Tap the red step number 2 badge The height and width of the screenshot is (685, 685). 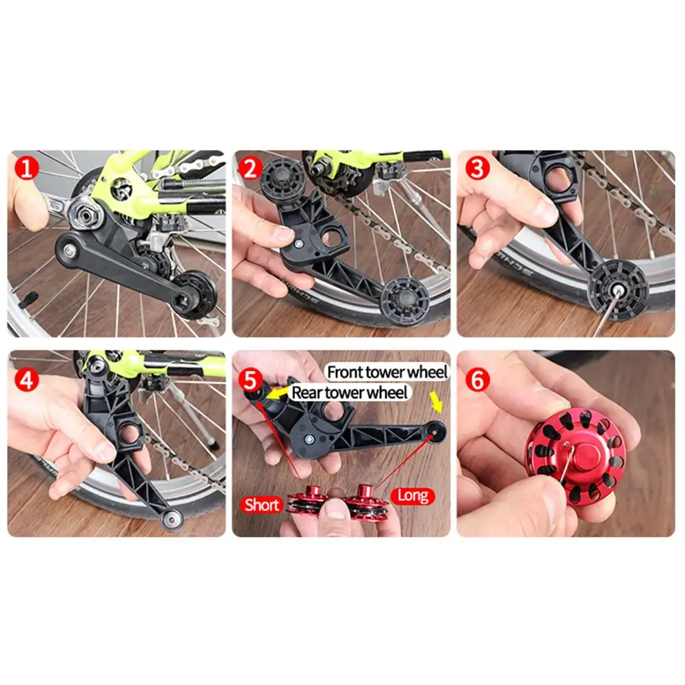click(x=250, y=168)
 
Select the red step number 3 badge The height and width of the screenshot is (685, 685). click(x=477, y=168)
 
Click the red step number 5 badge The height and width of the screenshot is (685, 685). click(x=250, y=380)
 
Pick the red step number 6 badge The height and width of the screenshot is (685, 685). click(x=477, y=380)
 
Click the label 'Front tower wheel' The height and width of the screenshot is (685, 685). click(x=387, y=372)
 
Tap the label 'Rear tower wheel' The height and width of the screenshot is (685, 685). click(x=350, y=392)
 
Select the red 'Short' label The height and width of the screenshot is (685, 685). click(x=261, y=505)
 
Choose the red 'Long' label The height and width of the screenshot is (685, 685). click(x=413, y=496)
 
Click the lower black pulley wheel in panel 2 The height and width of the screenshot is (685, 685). click(x=403, y=300)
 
